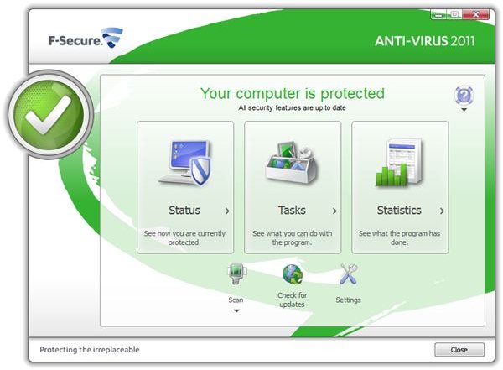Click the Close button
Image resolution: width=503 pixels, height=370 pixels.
(x=459, y=349)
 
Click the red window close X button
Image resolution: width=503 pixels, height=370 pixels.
(x=476, y=14)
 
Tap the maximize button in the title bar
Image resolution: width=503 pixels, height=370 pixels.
(x=454, y=14)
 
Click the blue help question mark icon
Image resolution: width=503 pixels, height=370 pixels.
(x=464, y=96)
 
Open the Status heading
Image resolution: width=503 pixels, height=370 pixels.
(x=184, y=210)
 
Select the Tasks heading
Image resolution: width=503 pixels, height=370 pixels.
(x=292, y=210)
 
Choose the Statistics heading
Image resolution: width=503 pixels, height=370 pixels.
(x=399, y=210)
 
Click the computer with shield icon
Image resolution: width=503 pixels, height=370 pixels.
(x=185, y=163)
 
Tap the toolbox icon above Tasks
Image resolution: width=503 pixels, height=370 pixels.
(x=292, y=162)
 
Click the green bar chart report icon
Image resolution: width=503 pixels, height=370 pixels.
(x=399, y=163)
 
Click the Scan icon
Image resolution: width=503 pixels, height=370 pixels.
(x=236, y=274)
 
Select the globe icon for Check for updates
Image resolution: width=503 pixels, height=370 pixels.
(x=293, y=274)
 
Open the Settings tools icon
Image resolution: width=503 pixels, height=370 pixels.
(x=349, y=274)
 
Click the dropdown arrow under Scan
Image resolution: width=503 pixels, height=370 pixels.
(x=236, y=311)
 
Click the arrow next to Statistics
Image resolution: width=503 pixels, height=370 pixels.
(x=442, y=211)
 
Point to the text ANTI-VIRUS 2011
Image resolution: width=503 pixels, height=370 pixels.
(x=425, y=41)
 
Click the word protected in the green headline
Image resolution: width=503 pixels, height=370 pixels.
(x=352, y=94)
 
